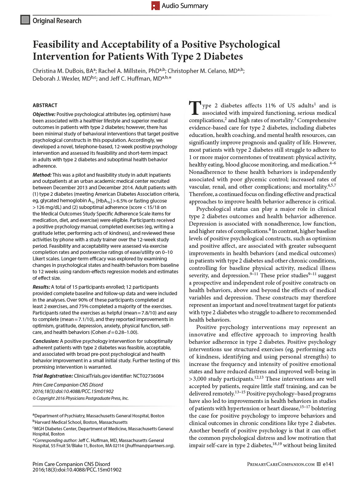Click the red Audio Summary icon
click(155, 6)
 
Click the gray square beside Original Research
click(25, 20)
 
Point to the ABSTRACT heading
click(45, 105)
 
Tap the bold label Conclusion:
click(46, 341)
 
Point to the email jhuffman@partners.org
click(150, 446)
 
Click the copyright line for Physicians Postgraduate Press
click(81, 398)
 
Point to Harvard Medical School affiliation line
click(80, 422)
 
